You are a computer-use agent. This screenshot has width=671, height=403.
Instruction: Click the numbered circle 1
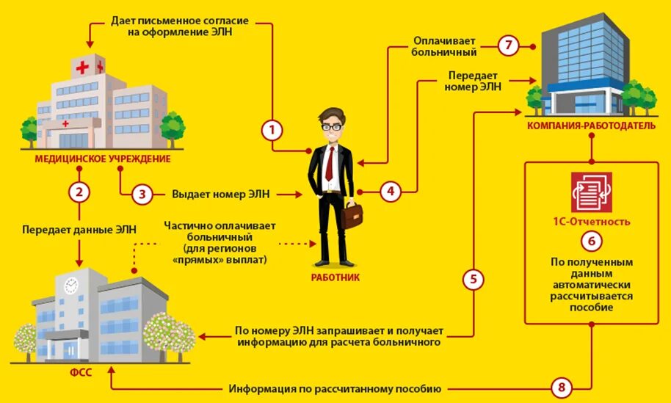tap(272, 131)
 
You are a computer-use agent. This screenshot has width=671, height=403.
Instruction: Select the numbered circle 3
tap(142, 195)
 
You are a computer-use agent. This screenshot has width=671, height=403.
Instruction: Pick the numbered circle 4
tap(390, 192)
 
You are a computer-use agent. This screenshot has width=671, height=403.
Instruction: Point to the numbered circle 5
tap(474, 280)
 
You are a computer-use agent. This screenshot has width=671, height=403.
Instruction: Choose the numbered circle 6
tap(591, 241)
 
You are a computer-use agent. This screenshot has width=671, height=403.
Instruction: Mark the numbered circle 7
tap(508, 46)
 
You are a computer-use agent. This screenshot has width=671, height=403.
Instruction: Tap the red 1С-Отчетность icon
tap(591, 192)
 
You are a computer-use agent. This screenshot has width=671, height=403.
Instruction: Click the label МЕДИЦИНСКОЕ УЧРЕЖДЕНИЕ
tap(102, 159)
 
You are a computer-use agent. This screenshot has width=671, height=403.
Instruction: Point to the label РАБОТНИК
tap(335, 277)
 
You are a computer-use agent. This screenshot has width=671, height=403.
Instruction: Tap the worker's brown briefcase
tap(352, 215)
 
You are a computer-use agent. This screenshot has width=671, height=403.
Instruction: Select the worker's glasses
tap(333, 126)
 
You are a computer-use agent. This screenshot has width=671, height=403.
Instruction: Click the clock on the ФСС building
tap(70, 286)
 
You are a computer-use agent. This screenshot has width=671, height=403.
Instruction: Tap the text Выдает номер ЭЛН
tap(221, 195)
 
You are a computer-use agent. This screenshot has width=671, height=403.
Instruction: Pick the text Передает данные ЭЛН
tap(79, 229)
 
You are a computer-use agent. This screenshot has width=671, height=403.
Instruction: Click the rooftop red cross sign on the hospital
tap(82, 68)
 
